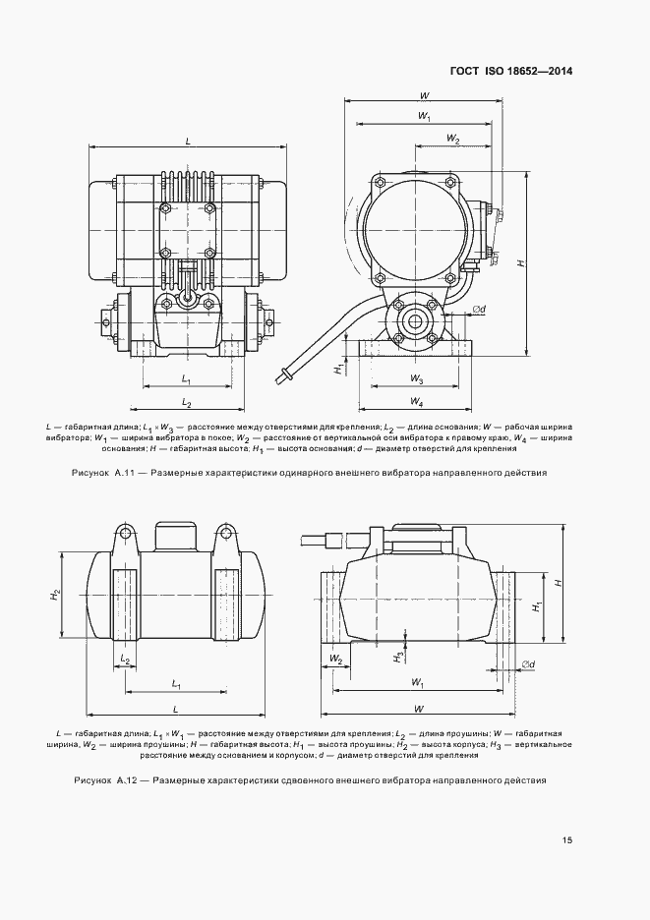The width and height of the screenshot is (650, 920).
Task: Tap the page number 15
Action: click(x=567, y=840)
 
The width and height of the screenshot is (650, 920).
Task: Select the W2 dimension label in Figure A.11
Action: click(x=452, y=139)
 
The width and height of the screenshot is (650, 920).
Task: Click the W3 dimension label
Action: click(x=416, y=378)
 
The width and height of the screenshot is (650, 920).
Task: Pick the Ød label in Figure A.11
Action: click(x=479, y=311)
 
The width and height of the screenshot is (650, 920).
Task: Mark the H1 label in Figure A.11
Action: click(x=337, y=369)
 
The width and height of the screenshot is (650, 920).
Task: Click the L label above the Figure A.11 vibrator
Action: click(x=187, y=141)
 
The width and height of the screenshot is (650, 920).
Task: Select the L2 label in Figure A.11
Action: click(x=186, y=403)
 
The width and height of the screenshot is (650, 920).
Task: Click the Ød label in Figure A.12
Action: click(x=528, y=664)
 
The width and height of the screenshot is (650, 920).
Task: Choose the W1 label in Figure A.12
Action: click(x=418, y=681)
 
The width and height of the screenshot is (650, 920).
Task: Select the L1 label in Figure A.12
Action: click(x=175, y=682)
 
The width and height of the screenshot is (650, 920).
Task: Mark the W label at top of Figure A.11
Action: click(x=423, y=95)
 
